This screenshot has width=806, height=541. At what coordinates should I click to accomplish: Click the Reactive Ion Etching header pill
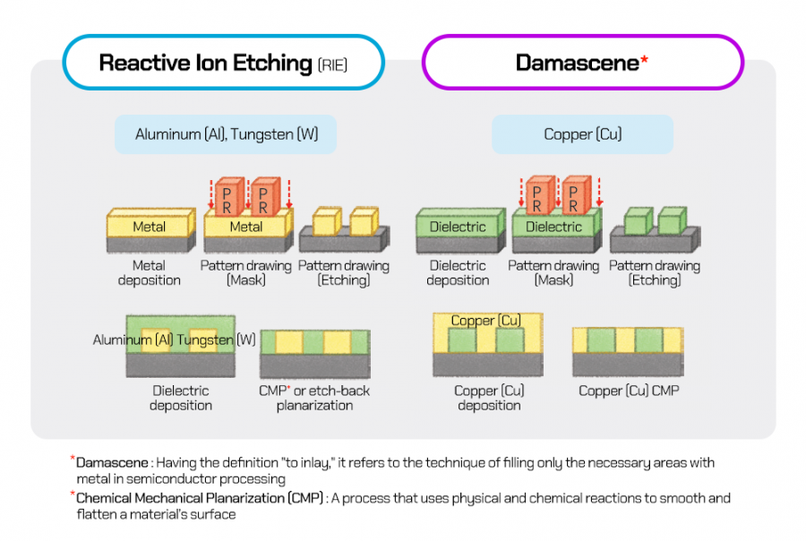223,63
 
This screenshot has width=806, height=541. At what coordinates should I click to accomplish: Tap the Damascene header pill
582,63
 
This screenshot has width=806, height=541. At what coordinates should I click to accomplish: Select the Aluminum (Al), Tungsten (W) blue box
225,134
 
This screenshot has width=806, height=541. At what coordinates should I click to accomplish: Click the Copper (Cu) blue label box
582,134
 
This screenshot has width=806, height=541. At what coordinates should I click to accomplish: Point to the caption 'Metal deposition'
149,272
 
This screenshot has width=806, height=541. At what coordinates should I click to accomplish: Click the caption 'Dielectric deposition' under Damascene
458,272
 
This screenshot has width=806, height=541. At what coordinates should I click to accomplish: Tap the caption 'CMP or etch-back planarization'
314,398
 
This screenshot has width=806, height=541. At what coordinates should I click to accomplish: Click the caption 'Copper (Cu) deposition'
489,398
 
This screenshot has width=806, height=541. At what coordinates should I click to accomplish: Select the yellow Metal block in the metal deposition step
149,227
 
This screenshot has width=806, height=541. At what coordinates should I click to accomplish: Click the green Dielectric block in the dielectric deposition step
458,227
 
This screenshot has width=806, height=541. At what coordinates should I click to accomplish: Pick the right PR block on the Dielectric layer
574,196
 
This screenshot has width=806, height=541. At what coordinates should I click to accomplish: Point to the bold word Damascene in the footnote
111,463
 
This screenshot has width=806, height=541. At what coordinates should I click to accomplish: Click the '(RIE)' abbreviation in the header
332,64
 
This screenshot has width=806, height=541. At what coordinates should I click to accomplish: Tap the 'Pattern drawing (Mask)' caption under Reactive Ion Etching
245,272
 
